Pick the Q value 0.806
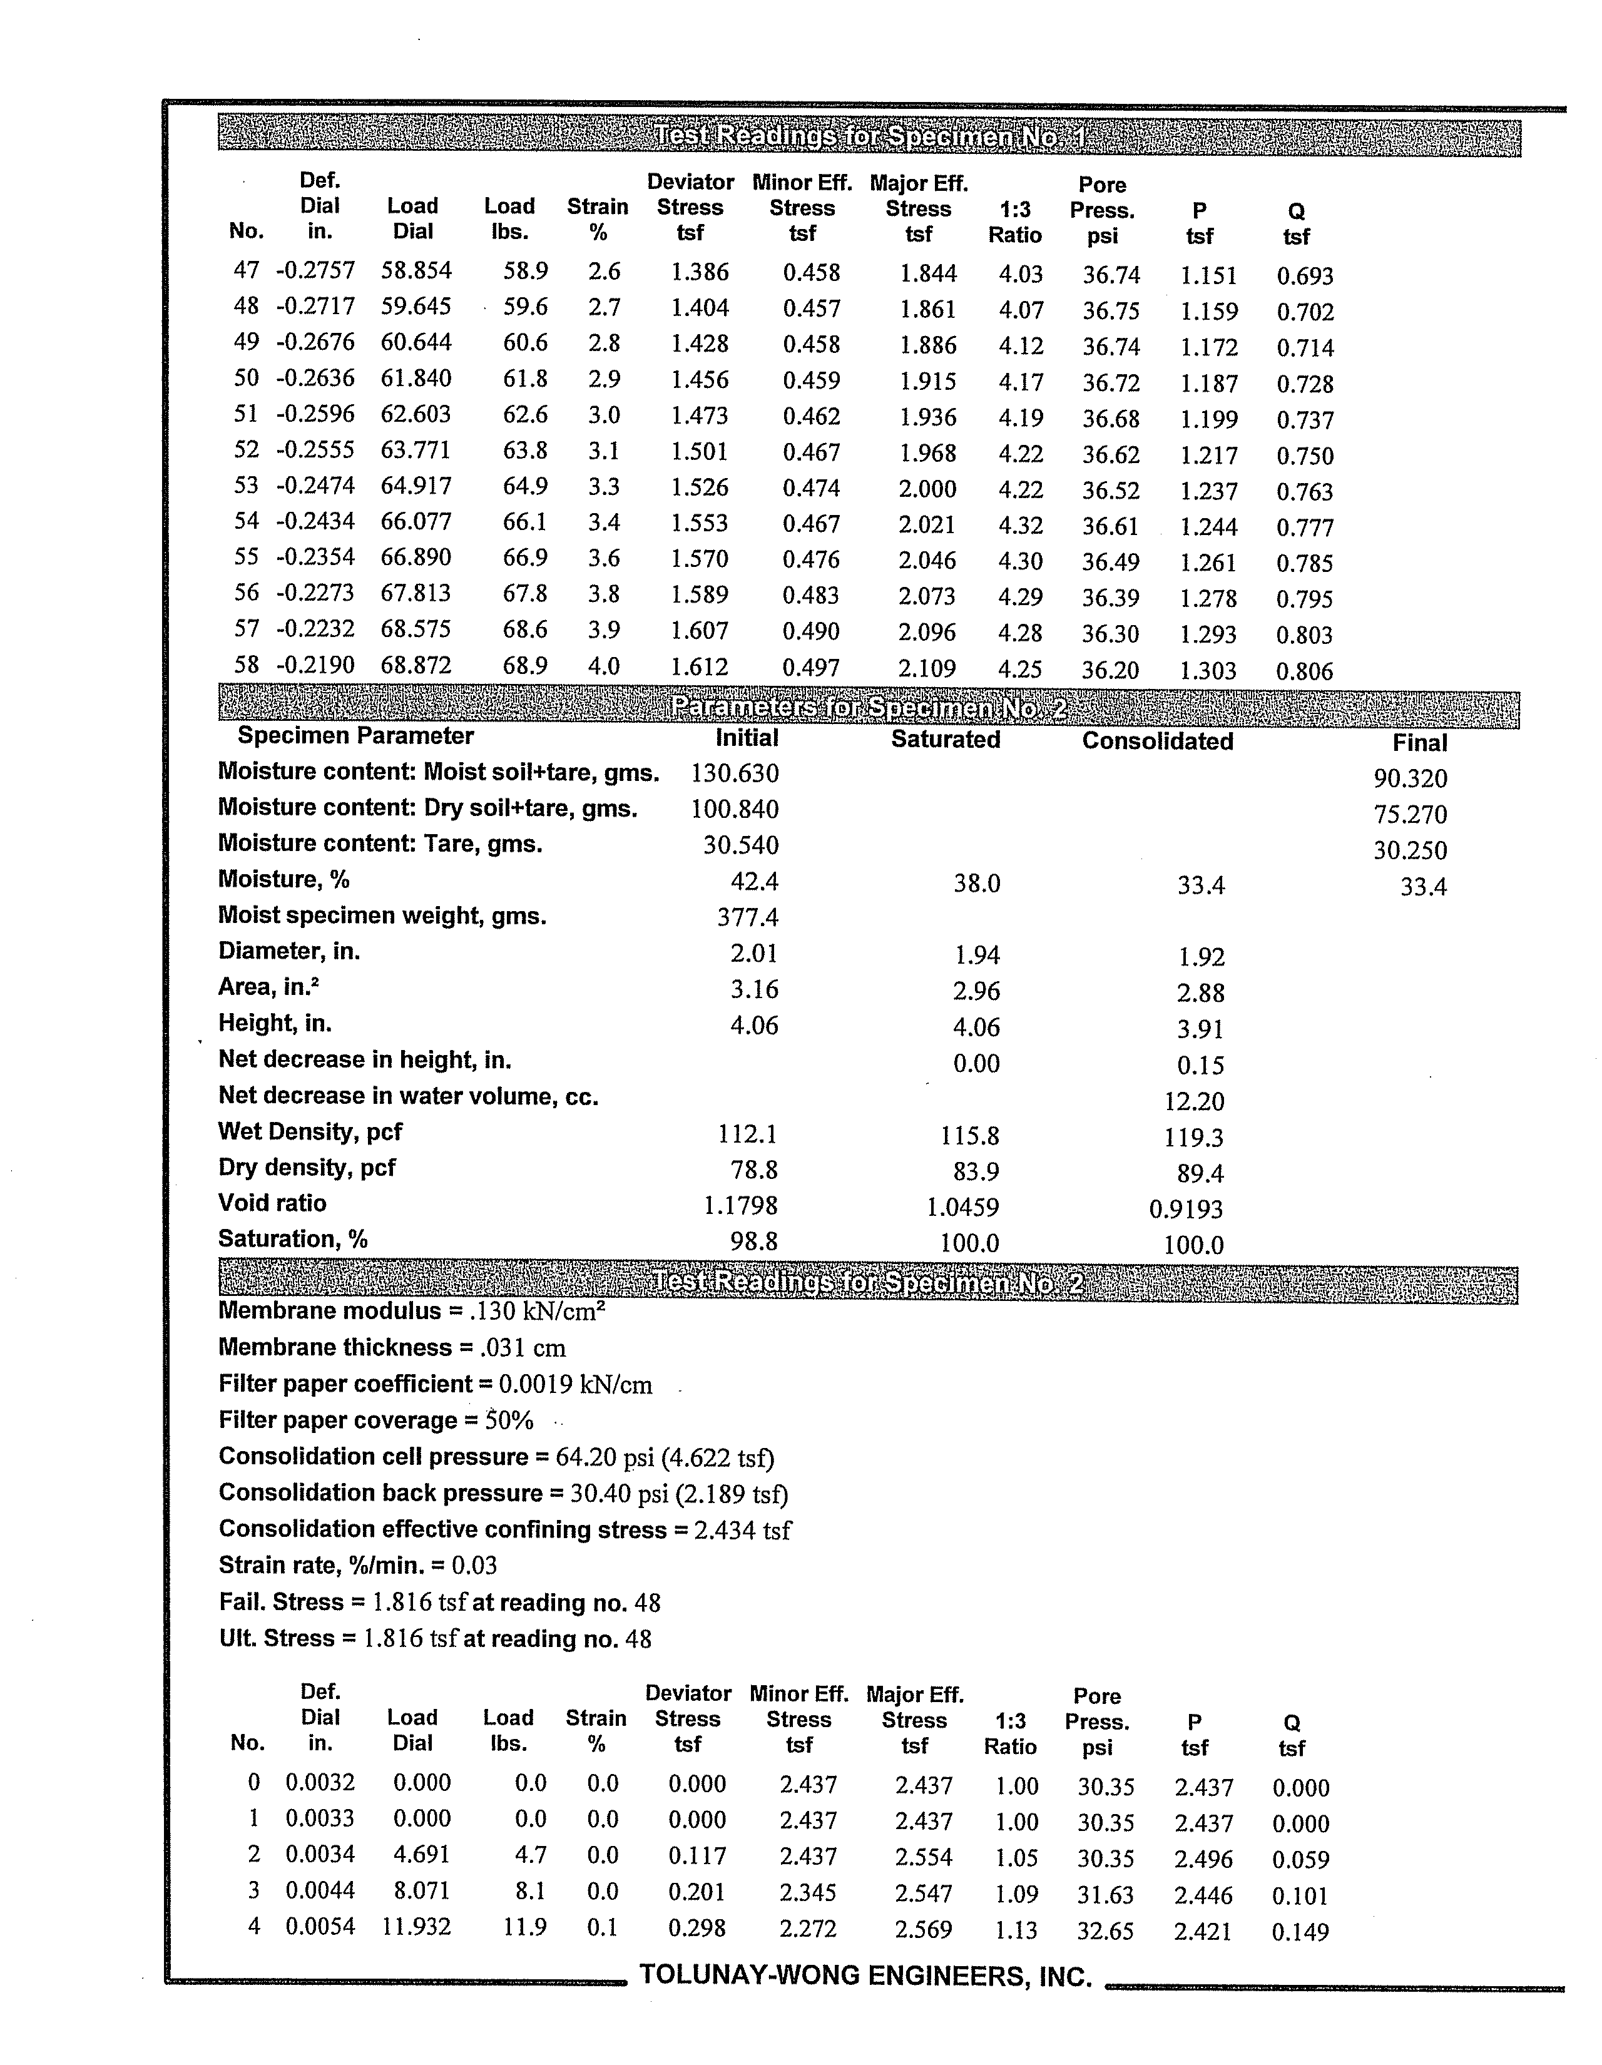coord(1304,671)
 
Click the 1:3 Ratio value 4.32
coord(1021,525)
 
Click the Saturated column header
coord(945,740)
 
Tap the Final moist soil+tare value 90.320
coord(1410,778)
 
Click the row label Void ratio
coord(272,1203)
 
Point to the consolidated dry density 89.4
coord(1200,1173)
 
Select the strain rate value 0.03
coord(474,1565)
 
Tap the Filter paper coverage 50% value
coord(509,1420)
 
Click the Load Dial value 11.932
coord(416,1926)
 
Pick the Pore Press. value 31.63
coord(1105,1895)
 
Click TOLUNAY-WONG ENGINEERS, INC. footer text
coord(865,1975)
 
